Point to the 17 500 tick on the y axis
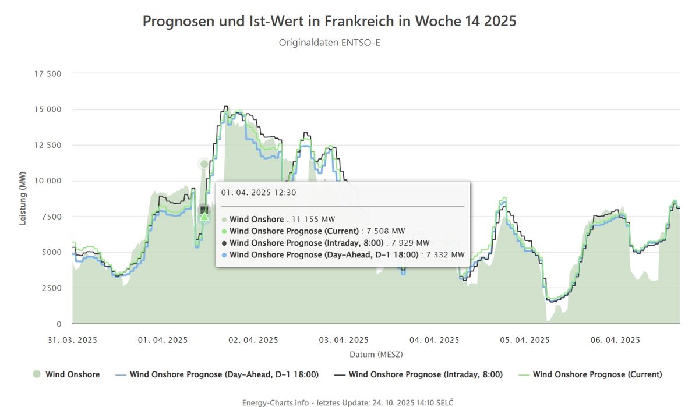tap(49, 74)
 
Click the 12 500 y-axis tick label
tap(49, 146)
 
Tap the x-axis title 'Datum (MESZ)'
tap(376, 354)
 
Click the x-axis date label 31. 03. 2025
tap(73, 340)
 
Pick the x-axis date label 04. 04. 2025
tap(434, 340)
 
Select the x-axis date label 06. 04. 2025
tap(615, 340)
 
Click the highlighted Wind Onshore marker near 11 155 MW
tap(204, 164)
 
